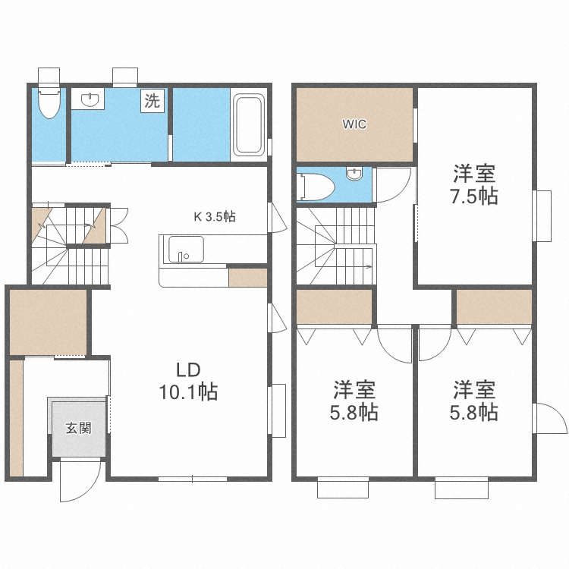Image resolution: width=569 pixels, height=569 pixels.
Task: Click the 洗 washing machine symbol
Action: [152, 101]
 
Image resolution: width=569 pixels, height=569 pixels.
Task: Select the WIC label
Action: [354, 124]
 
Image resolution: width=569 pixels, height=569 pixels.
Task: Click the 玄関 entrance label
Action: [78, 428]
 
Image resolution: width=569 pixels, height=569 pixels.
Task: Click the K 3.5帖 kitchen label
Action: [215, 216]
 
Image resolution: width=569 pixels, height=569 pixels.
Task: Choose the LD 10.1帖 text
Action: [188, 382]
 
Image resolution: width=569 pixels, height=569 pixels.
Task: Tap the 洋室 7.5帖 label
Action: [476, 184]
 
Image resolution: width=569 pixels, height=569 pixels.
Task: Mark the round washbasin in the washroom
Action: [90, 99]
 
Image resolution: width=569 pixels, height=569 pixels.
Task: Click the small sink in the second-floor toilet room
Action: [354, 174]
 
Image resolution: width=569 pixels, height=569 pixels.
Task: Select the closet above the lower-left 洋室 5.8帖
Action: [334, 307]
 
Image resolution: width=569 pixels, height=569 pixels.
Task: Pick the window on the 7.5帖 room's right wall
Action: [542, 215]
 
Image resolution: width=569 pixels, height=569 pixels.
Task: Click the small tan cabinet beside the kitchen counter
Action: [248, 277]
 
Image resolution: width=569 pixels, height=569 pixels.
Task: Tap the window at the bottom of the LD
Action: [193, 479]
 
